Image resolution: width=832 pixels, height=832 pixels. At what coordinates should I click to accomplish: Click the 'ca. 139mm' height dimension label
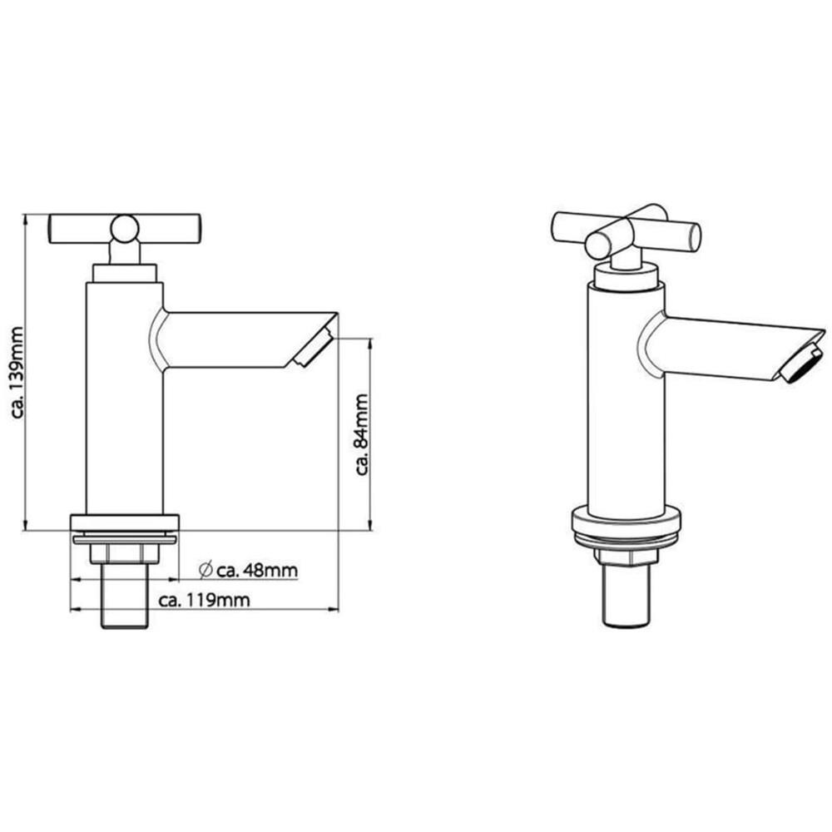[x=18, y=373]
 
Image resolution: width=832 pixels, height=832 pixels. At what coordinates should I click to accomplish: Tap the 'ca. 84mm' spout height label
[x=363, y=434]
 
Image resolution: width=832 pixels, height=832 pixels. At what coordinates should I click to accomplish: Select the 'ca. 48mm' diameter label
[x=257, y=571]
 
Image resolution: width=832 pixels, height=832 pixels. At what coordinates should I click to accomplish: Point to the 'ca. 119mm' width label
[x=205, y=600]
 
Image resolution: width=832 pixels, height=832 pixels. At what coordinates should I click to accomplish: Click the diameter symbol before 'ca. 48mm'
[x=206, y=570]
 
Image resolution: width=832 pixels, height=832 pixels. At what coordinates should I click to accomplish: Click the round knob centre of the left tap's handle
[x=125, y=229]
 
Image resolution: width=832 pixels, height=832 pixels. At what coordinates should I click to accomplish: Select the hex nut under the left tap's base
[x=125, y=553]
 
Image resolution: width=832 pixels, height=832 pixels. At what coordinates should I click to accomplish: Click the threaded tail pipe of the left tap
[x=125, y=596]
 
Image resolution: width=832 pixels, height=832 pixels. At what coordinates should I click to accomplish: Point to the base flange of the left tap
[x=125, y=522]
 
